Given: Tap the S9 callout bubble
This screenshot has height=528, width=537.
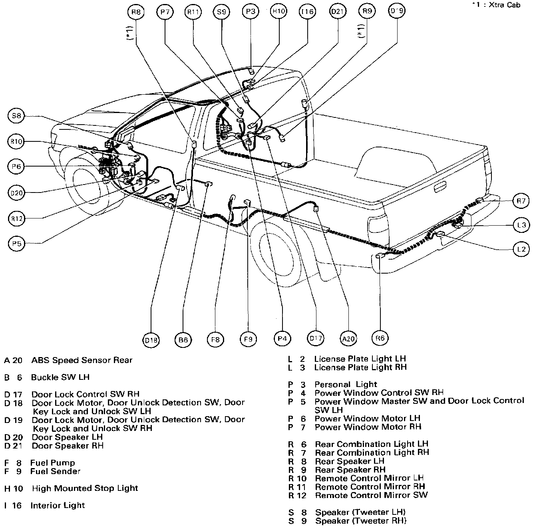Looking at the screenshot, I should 221,12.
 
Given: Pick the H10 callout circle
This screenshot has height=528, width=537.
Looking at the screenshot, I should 278,12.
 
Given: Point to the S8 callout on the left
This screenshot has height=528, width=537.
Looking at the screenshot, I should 16,116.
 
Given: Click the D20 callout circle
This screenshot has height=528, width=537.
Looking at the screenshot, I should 16,193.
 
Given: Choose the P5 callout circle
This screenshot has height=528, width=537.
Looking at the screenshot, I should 16,243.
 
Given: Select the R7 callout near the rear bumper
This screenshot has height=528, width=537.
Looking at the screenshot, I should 521,201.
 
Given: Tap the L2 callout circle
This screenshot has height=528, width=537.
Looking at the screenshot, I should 521,250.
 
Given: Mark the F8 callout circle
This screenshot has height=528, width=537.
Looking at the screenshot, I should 215,340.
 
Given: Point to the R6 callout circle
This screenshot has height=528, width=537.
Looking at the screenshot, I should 380,338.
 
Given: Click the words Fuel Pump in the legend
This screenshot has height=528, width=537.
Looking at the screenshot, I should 52,463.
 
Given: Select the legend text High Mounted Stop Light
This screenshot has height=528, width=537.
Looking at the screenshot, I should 85,488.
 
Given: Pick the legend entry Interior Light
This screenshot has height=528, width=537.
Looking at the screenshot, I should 58,505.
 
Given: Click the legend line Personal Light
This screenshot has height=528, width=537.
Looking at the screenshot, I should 345,384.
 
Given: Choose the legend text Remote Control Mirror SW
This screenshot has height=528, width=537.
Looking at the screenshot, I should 371,495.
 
